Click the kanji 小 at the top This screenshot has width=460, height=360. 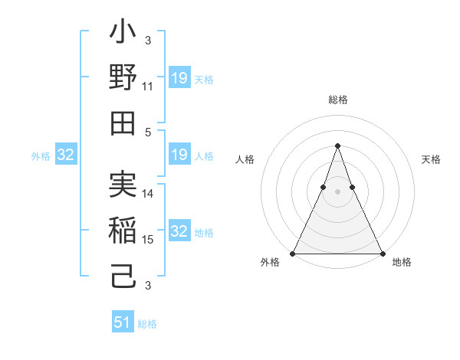click(x=123, y=34)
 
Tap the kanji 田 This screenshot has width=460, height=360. click(x=123, y=122)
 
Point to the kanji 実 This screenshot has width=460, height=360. click(x=123, y=186)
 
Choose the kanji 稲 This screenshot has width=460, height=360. click(x=123, y=231)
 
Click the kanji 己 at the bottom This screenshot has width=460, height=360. click(x=123, y=275)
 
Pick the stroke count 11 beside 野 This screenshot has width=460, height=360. click(x=148, y=87)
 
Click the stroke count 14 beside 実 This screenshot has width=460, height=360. click(x=148, y=195)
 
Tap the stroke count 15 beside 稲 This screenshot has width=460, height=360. click(x=148, y=240)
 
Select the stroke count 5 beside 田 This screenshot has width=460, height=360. click(x=148, y=132)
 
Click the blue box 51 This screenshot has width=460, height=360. click(x=123, y=322)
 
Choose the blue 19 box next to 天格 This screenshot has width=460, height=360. click(x=179, y=78)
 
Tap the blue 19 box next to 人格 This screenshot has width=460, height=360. click(x=179, y=155)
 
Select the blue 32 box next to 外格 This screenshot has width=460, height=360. click(x=66, y=155)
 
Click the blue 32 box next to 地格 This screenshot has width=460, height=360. click(x=179, y=232)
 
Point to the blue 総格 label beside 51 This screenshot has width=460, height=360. click(x=147, y=324)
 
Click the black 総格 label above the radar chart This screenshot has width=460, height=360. click(x=337, y=100)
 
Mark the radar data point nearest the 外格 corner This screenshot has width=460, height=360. click(x=293, y=254)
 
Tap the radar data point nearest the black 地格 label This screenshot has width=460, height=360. click(x=383, y=254)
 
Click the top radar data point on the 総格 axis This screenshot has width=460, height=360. click(x=337, y=146)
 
